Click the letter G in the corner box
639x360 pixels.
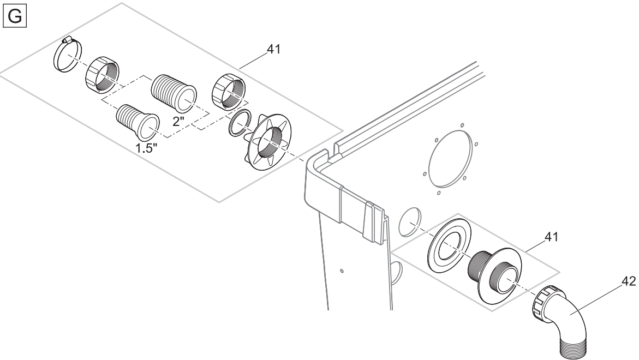click(15, 17)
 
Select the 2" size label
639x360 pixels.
click(178, 121)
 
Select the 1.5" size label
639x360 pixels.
click(146, 148)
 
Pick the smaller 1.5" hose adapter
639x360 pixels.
click(138, 121)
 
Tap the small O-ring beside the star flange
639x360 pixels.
click(239, 123)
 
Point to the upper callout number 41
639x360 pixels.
click(274, 49)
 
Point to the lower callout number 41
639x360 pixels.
click(551, 237)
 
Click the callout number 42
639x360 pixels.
click(629, 281)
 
